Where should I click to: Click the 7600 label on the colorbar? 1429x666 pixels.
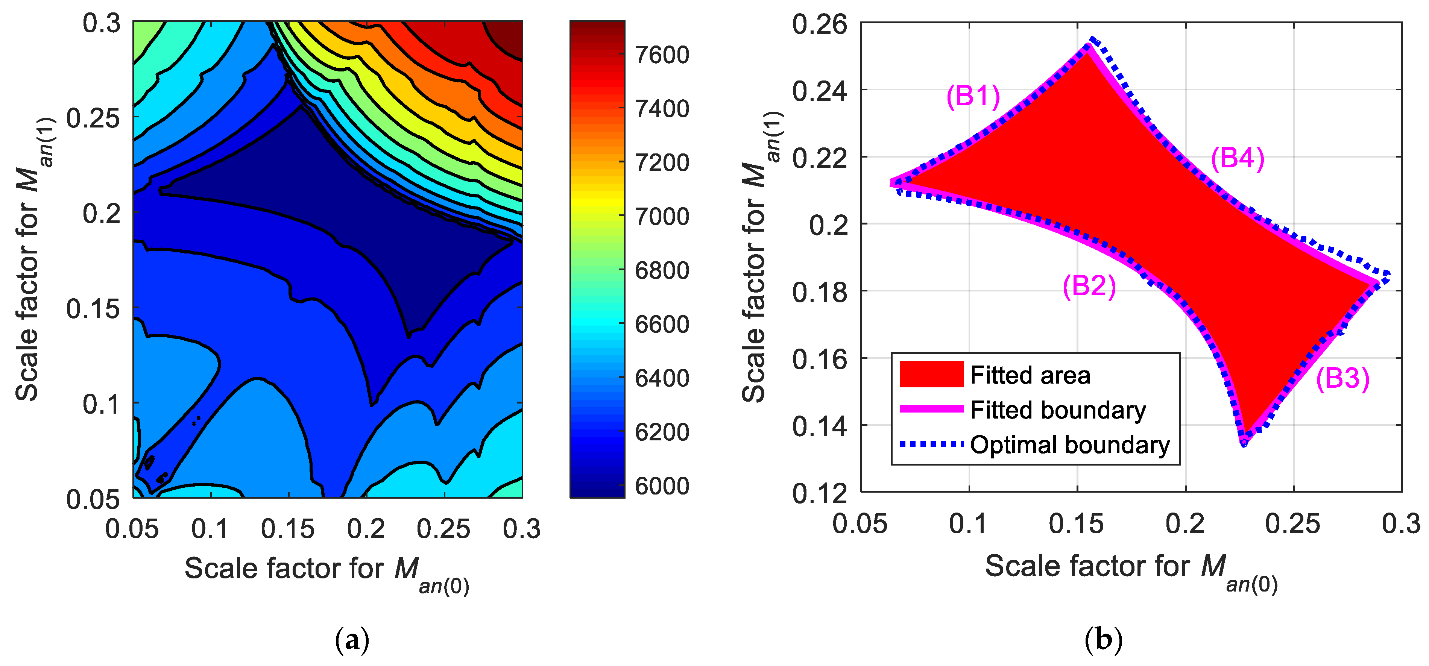pos(662,55)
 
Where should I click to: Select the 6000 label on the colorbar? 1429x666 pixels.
pos(662,486)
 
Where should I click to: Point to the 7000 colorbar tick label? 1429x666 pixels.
pos(662,216)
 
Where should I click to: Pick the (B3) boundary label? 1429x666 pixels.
pos(1342,379)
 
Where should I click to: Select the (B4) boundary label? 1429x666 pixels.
pos(1238,159)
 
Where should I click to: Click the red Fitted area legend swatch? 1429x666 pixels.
pos(931,374)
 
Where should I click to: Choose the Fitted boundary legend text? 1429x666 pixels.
pos(1058,410)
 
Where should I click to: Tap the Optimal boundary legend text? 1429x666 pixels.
pos(1070,445)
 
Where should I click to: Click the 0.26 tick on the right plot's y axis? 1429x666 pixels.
pos(819,24)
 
